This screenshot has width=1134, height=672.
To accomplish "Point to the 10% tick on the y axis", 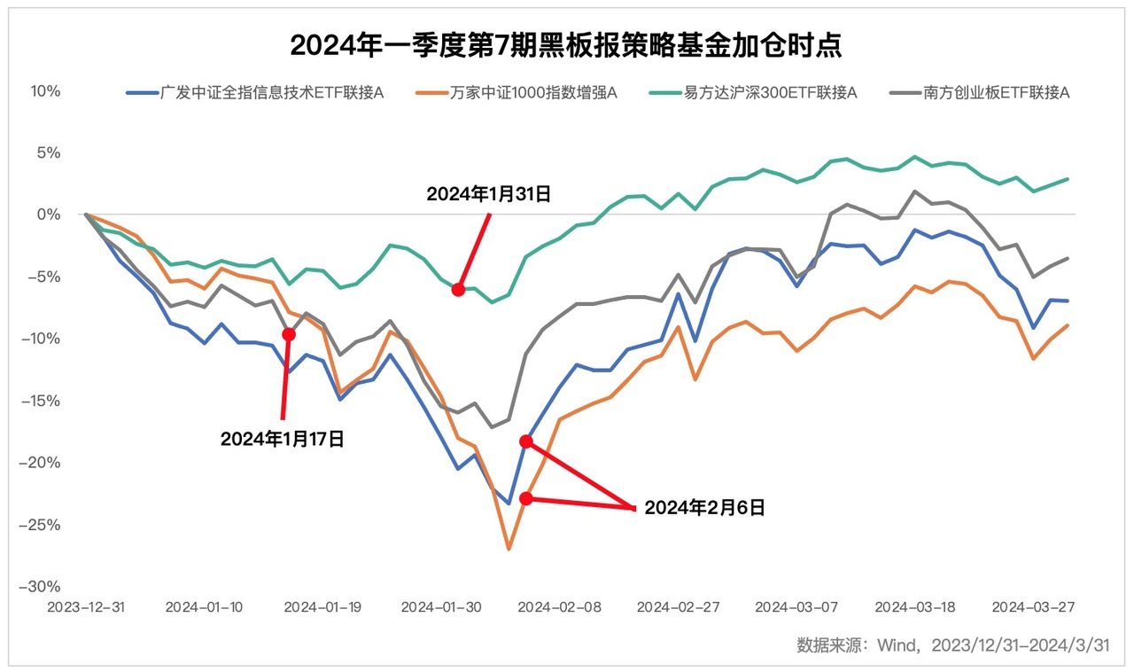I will tap(45, 91).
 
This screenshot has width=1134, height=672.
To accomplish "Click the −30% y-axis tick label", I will tap(42, 587).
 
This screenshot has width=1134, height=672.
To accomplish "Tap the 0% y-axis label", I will tap(49, 215).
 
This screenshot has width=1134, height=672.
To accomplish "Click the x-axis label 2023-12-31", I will tap(86, 607).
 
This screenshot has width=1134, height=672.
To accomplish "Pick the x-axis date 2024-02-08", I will tap(559, 607).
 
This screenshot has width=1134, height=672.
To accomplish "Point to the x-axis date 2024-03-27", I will tap(1033, 607).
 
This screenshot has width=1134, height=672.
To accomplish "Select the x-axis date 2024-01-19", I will tap(322, 607).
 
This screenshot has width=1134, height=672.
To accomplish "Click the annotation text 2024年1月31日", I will tap(488, 194).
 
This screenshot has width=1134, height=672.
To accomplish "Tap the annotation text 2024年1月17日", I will tap(282, 438).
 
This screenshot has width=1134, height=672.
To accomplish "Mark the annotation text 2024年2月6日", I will tap(704, 508).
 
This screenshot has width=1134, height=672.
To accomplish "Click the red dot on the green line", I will tap(458, 290).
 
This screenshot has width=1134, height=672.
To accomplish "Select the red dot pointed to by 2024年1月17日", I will tap(288, 334).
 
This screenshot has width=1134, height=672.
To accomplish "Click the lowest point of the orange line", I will tap(509, 549).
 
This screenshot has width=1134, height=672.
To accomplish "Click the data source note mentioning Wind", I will tap(953, 645).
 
